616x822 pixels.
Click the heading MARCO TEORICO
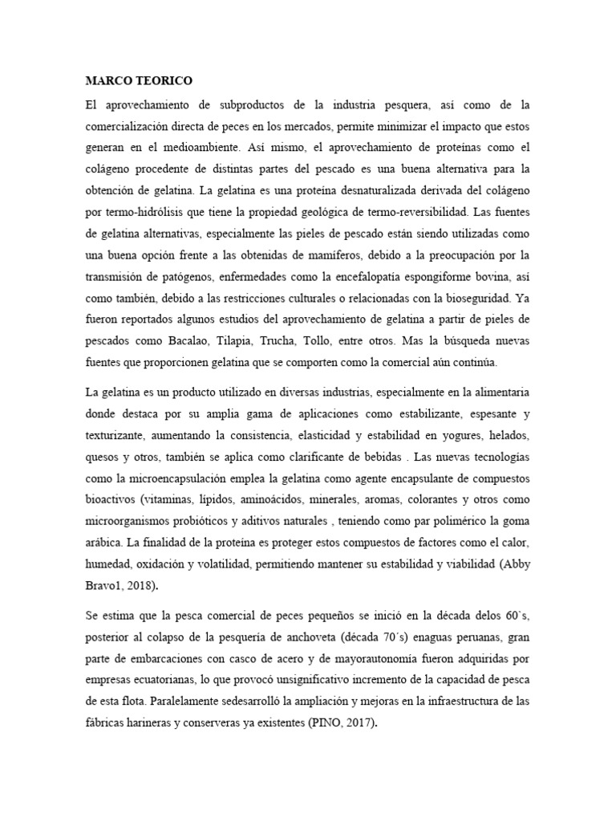139,82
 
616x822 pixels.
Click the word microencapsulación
168,478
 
